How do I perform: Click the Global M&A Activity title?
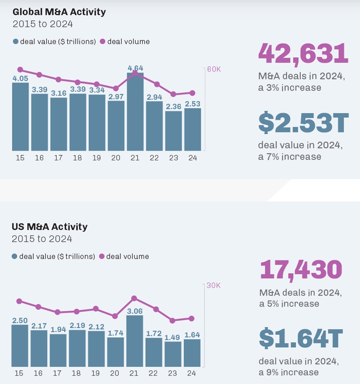[x=59, y=11]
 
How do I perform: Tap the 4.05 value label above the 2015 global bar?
[x=20, y=79]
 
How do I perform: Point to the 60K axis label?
[x=214, y=69]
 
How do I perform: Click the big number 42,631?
[x=303, y=53]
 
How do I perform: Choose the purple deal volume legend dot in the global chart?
[x=103, y=42]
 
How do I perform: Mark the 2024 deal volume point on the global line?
[x=192, y=93]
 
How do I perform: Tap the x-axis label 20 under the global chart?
[x=116, y=158]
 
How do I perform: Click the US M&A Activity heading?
[x=50, y=227]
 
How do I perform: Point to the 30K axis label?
[x=213, y=286]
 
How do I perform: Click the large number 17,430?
[x=301, y=270]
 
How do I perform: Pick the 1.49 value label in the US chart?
[x=173, y=337]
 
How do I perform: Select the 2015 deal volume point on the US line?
[x=19, y=301]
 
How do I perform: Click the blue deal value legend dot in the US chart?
[x=15, y=257]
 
